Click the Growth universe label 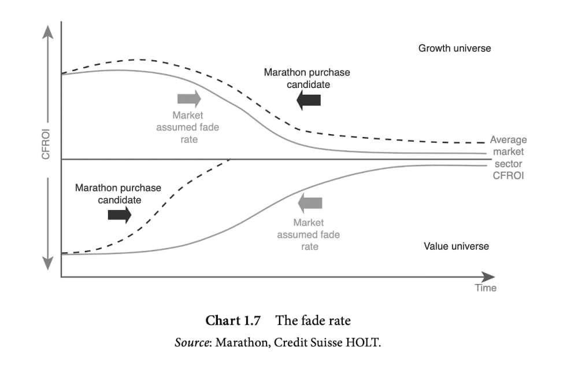(x=454, y=49)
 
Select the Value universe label (x=457, y=246)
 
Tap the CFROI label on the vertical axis (x=46, y=144)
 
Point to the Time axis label (x=486, y=288)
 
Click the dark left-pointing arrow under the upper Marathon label (x=309, y=100)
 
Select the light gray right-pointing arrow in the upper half (x=189, y=98)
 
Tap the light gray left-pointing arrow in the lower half (x=310, y=203)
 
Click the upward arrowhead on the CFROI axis (x=47, y=32)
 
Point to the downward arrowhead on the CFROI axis (x=47, y=263)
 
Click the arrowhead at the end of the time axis (x=488, y=276)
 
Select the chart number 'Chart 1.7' (x=233, y=320)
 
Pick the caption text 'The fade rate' (x=313, y=320)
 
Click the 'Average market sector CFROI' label (x=508, y=157)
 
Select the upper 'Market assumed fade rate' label (x=188, y=127)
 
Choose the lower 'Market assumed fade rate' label (x=309, y=235)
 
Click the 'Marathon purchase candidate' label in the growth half (x=307, y=78)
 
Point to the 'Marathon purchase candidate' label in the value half (x=118, y=194)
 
